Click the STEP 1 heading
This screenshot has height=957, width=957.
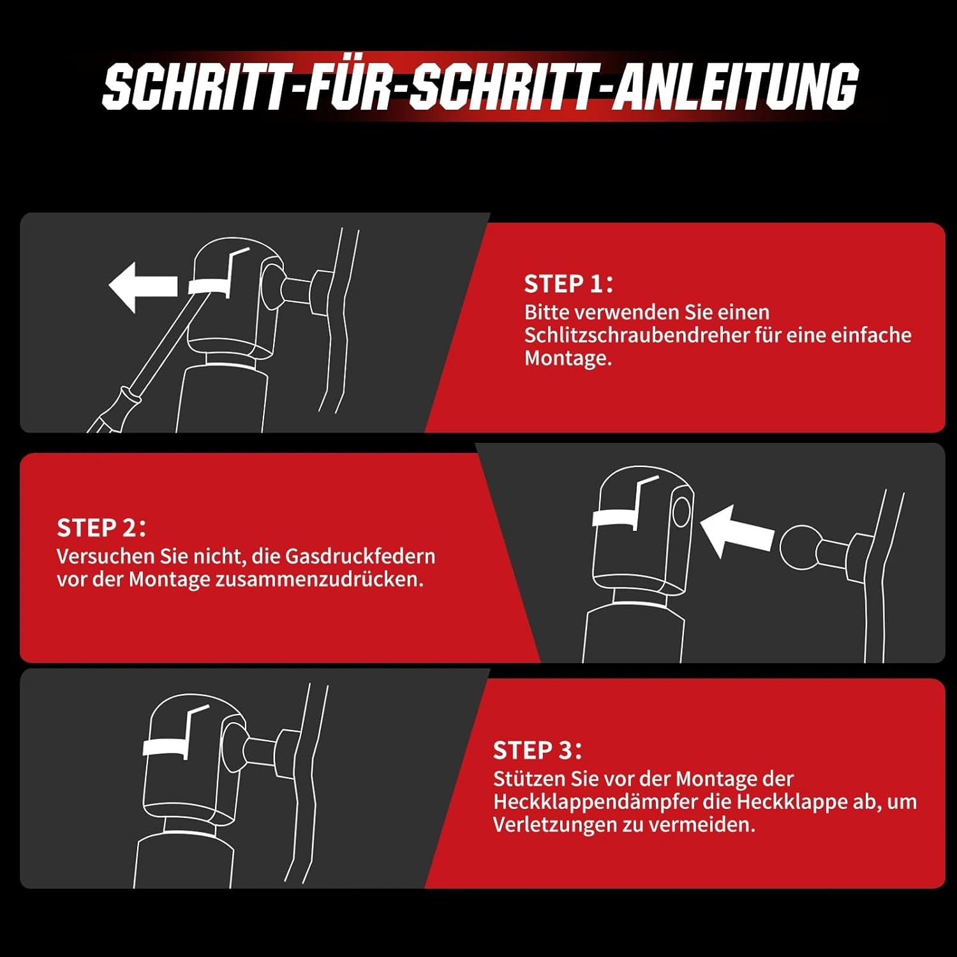568,284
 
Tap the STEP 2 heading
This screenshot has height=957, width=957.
101,528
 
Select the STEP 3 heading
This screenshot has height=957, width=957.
537,750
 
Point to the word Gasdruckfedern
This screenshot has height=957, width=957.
360,556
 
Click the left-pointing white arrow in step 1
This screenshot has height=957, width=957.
142,286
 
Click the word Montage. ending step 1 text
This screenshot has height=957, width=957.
568,359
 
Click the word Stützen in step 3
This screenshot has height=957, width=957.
524,779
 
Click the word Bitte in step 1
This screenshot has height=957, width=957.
547,313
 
